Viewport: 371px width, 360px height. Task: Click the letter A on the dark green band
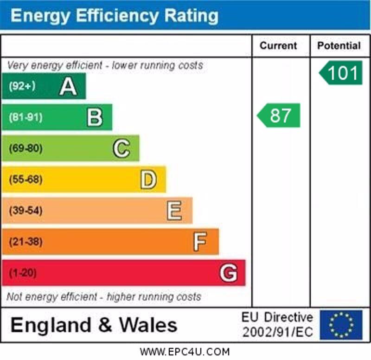pyautogui.click(x=68, y=86)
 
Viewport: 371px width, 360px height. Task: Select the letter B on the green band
pyautogui.click(x=95, y=117)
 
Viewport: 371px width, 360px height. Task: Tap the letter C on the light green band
pyautogui.click(x=121, y=148)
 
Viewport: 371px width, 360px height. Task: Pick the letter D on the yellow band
pyautogui.click(x=148, y=180)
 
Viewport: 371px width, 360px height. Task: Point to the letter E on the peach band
pyautogui.click(x=174, y=211)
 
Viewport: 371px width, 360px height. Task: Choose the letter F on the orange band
pyautogui.click(x=200, y=242)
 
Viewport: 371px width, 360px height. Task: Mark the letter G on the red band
pyautogui.click(x=228, y=273)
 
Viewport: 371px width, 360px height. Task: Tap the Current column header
pyautogui.click(x=278, y=45)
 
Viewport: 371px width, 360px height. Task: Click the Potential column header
pyautogui.click(x=339, y=45)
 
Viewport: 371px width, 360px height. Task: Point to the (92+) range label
pyautogui.click(x=22, y=86)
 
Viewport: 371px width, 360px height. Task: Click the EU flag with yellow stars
pyautogui.click(x=341, y=325)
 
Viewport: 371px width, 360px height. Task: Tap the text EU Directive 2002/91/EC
pyautogui.click(x=277, y=325)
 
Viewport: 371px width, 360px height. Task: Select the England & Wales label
pyautogui.click(x=94, y=325)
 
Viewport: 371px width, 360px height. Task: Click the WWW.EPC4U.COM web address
pyautogui.click(x=185, y=352)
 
